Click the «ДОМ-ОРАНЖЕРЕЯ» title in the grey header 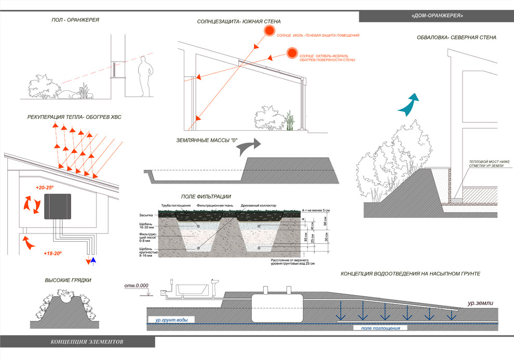pyautogui.click(x=437, y=16)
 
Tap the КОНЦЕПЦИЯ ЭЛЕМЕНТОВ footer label pyautogui.click(x=88, y=342)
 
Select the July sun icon pyautogui.click(x=269, y=31)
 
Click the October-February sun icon pyautogui.click(x=292, y=54)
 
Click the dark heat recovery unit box pyautogui.click(x=59, y=207)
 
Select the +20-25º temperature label pyautogui.click(x=45, y=187)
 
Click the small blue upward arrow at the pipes pyautogui.click(x=93, y=260)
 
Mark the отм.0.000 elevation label pyautogui.click(x=137, y=286)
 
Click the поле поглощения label pyautogui.click(x=378, y=328)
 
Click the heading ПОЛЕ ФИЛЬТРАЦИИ pyautogui.click(x=206, y=197)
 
